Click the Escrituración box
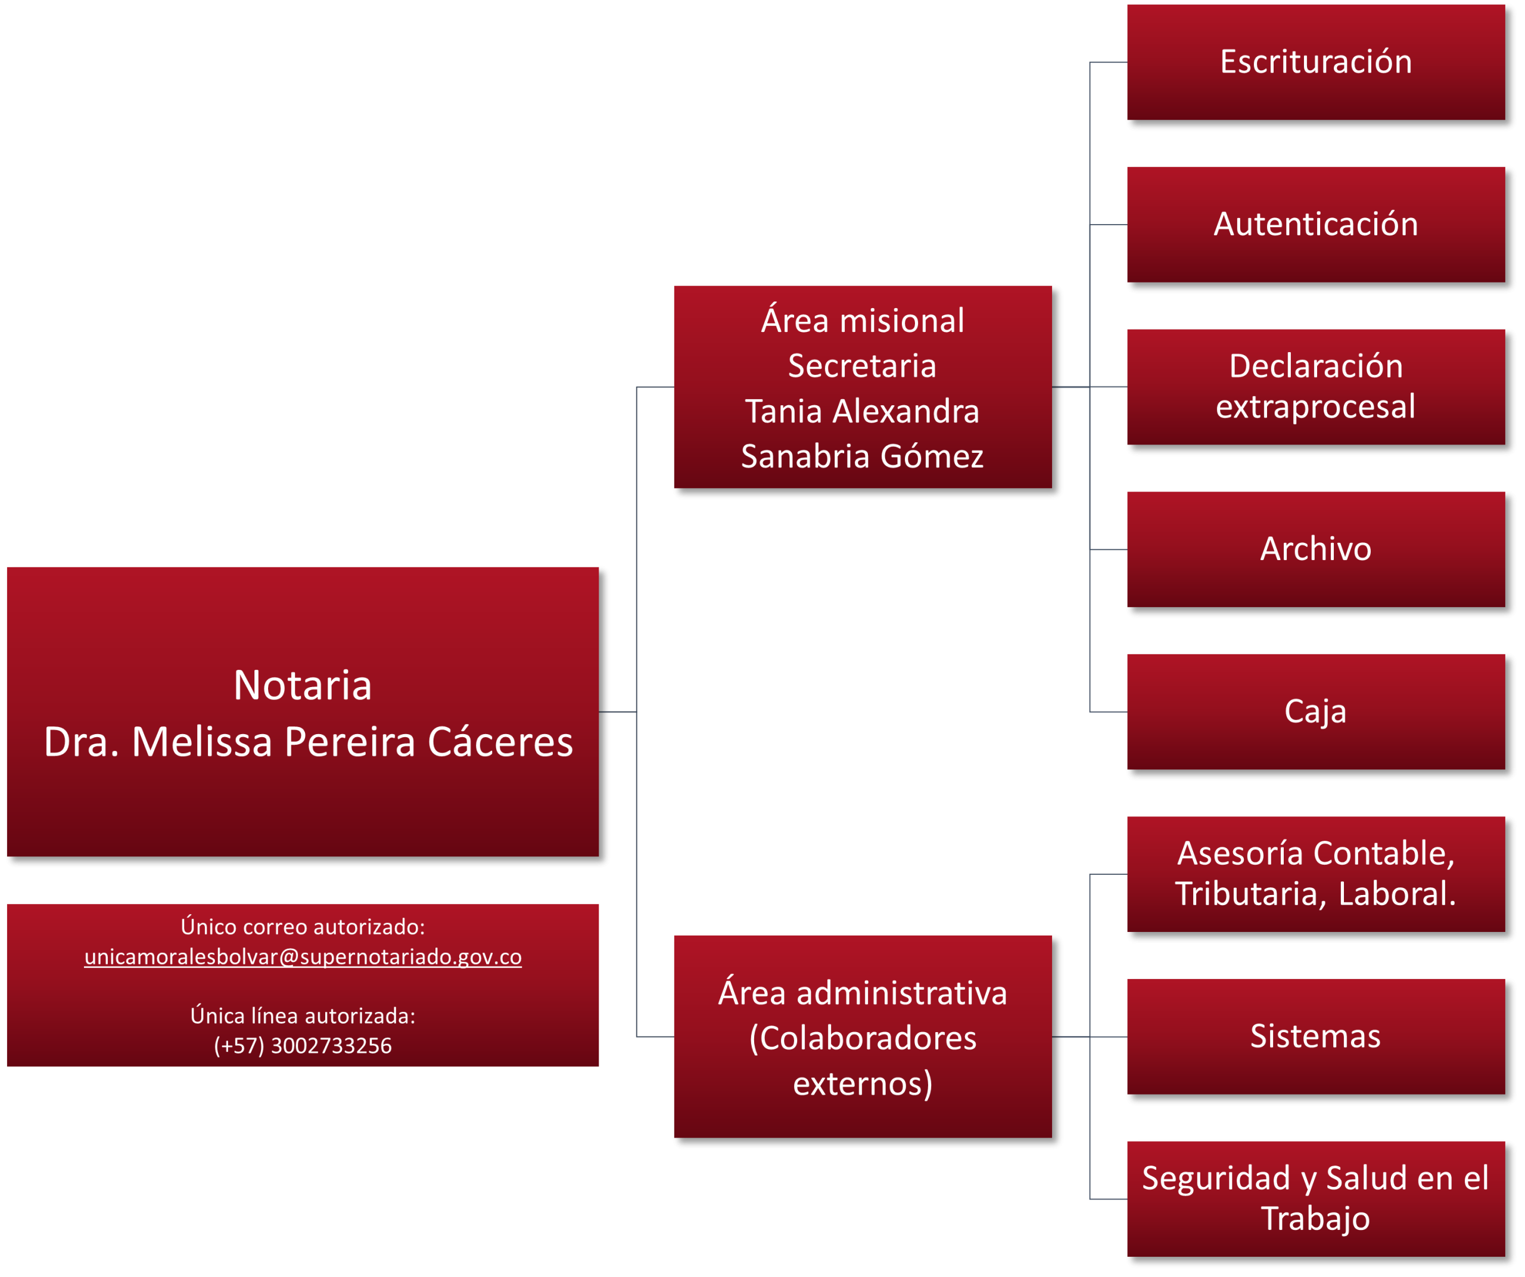[1316, 63]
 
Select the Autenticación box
[1316, 225]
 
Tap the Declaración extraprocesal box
[1316, 387]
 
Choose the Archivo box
[1316, 550]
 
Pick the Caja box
[1316, 712]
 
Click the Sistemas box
[1316, 1037]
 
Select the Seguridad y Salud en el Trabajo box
[1316, 1200]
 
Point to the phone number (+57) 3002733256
[303, 1046]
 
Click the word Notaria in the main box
[303, 685]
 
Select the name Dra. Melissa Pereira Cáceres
[309, 742]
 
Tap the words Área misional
[863, 321]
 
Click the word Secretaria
[863, 366]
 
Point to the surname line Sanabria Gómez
[863, 457]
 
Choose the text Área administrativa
[863, 993]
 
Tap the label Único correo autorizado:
[303, 927]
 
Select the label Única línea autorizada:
[303, 1015]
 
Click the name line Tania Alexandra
[863, 411]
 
